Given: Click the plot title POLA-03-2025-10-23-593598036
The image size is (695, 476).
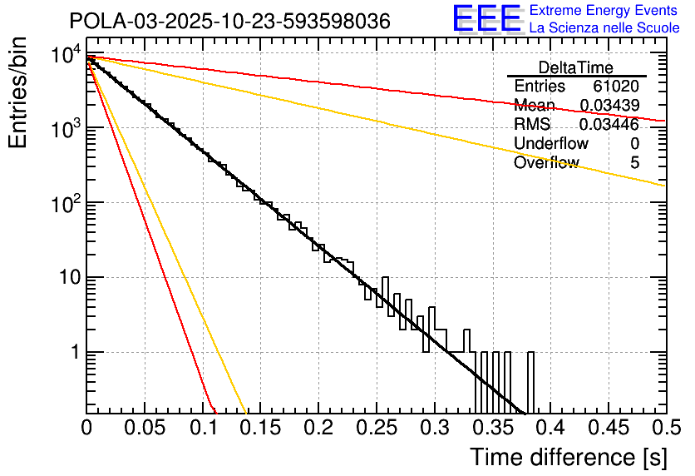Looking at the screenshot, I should click(229, 22).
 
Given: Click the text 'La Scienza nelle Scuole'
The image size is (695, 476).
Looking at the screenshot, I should click(604, 27).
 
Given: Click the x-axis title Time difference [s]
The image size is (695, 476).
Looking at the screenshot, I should click(569, 457).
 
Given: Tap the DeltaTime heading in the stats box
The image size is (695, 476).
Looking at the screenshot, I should click(576, 67).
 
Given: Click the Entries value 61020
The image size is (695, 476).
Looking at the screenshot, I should click(616, 87).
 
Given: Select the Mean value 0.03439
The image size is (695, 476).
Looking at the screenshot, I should click(609, 106).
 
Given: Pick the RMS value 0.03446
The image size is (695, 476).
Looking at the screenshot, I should click(609, 125).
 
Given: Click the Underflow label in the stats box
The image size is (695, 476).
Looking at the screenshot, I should click(551, 144).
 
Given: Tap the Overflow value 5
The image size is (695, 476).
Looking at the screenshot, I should click(634, 163).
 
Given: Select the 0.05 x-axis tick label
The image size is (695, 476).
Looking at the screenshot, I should click(145, 428).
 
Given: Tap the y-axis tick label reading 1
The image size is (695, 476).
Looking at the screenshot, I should click(73, 352).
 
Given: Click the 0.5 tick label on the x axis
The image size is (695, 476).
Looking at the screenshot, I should click(662, 428).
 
